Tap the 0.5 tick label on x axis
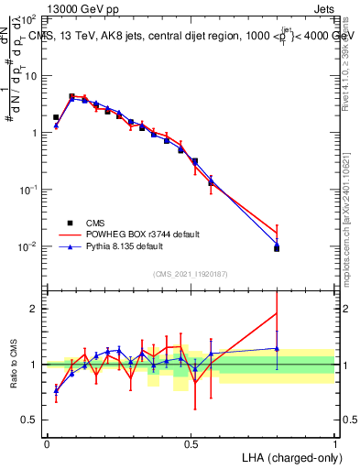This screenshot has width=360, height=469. pyautogui.click(x=191, y=443)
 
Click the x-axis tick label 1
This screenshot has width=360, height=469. pyautogui.click(x=334, y=443)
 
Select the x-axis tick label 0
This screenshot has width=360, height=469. pyautogui.click(x=47, y=443)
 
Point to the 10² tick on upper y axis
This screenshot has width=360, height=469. pyautogui.click(x=32, y=18)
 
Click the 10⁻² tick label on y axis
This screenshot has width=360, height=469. pyautogui.click(x=30, y=246)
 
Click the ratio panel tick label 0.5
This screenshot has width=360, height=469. pyautogui.click(x=32, y=420)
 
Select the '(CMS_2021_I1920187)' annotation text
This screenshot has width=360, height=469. pyautogui.click(x=191, y=274)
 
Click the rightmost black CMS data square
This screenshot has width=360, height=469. pyautogui.click(x=277, y=248)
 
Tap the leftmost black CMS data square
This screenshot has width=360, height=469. pyautogui.click(x=56, y=117)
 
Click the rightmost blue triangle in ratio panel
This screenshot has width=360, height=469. pyautogui.click(x=277, y=348)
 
